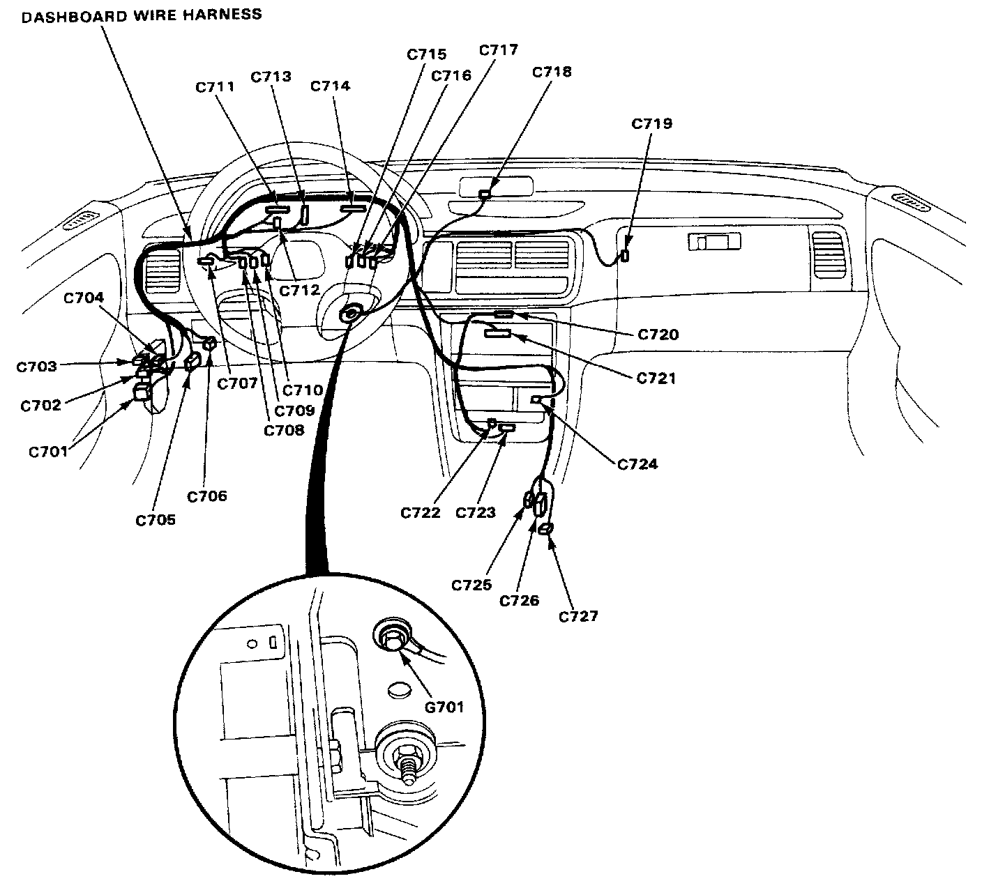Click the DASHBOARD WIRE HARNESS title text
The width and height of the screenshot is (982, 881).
142,15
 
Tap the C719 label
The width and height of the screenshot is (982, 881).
651,123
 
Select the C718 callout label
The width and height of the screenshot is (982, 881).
551,72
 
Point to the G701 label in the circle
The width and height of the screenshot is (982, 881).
444,707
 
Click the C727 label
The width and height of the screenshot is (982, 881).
578,616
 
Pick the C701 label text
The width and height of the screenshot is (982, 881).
48,451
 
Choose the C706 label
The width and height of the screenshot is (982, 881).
207,496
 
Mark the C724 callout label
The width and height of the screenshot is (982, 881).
637,464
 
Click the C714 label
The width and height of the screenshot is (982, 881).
330,86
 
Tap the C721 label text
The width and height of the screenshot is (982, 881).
656,378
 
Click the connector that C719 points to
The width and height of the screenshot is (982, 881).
625,255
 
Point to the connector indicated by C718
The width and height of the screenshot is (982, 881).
485,193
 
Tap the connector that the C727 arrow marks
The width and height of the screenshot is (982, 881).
547,530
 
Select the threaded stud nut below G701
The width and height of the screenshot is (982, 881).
405,756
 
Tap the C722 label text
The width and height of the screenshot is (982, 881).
421,512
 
